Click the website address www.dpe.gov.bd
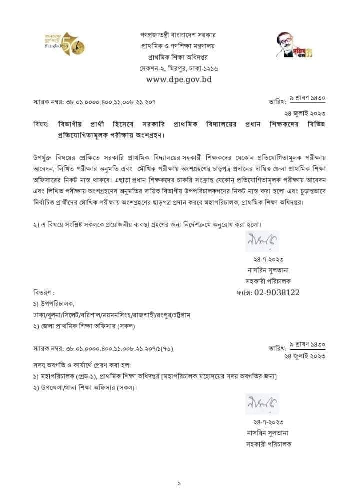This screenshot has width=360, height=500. click(x=179, y=79)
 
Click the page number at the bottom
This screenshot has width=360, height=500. click(x=179, y=483)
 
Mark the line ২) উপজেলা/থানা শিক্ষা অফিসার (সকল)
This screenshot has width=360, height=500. click(x=85, y=387)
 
